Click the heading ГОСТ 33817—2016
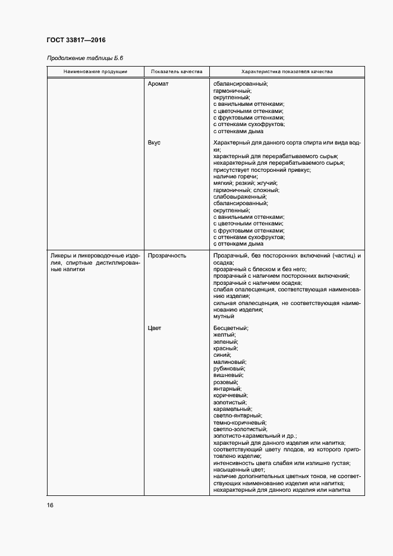point(76,40)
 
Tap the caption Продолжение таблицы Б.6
point(85,58)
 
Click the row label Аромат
point(158,84)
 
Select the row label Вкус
point(154,143)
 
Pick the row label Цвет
point(155,328)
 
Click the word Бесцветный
point(230,328)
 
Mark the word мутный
point(224,316)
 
